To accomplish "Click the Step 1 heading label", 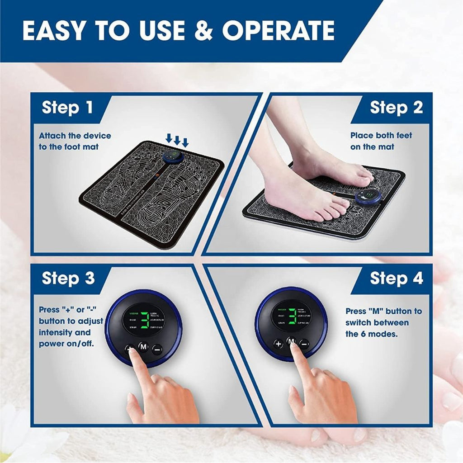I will (67, 108).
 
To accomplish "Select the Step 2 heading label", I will (396, 108).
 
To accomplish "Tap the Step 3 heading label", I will (68, 278).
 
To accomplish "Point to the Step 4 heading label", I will (396, 278).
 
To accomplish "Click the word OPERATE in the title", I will (278, 31).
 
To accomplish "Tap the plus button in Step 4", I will (278, 344).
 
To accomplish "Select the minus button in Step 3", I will (157, 349).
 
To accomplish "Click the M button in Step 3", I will (143, 347).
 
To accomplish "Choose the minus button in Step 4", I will (304, 344).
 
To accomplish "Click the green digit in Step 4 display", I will (292, 317).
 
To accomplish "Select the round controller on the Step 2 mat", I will (368, 197).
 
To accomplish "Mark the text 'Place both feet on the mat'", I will (381, 141).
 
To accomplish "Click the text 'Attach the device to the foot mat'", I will (75, 141).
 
